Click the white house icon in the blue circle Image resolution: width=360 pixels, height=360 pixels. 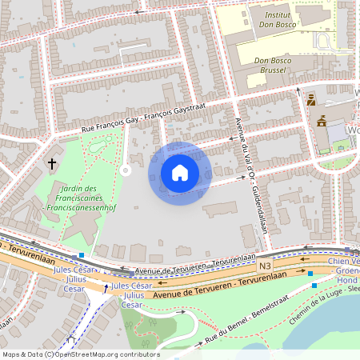pos(180,173)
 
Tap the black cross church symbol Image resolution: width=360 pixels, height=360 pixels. pos(52,164)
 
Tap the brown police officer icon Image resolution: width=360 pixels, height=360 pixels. pos(310,100)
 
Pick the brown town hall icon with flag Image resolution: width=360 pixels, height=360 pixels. pos(322,122)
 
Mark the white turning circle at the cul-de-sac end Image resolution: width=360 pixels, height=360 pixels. pos(125,170)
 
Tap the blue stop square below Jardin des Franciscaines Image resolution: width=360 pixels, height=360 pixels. pos(82,255)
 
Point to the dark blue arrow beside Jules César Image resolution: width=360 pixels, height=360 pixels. pos(106,286)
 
